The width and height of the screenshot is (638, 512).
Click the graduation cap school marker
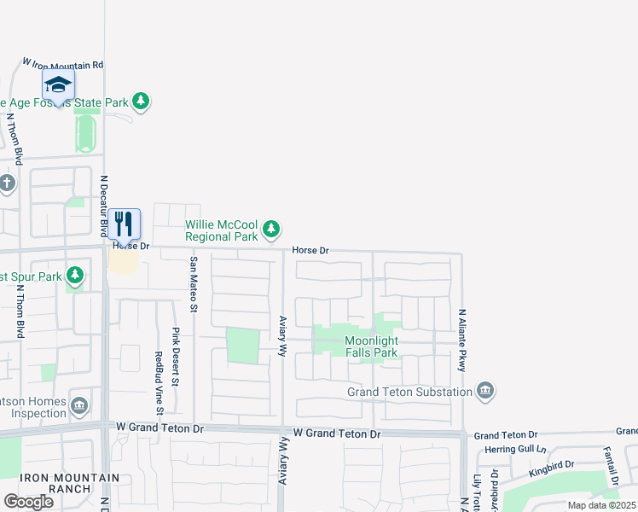point(58,84)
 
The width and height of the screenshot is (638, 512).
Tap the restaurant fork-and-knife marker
point(125,224)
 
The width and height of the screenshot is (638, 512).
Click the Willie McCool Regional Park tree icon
point(271,229)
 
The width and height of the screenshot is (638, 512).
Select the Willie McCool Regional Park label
point(222,230)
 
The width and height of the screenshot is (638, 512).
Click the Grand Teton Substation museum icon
point(486,391)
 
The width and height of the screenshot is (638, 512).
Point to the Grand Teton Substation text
point(409,392)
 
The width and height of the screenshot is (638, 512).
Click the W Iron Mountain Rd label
point(63,64)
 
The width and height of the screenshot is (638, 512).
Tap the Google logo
point(28,501)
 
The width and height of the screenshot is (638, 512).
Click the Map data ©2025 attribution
point(600,505)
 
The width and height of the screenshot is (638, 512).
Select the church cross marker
point(7,183)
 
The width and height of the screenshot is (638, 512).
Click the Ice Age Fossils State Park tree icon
point(141,102)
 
